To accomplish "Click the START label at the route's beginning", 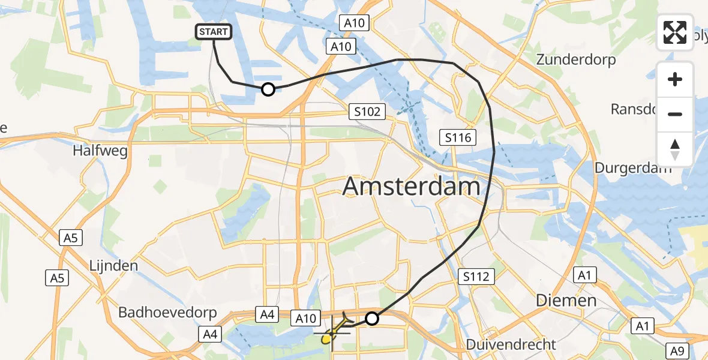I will coord(214,32).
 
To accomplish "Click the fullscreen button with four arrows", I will coord(675,32).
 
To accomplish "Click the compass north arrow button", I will coord(675,149).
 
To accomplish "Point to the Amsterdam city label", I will coord(411,187).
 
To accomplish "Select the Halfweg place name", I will coord(100,151).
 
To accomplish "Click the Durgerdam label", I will coord(633,167).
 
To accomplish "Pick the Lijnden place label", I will coord(113,265).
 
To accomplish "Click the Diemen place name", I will coord(566,300).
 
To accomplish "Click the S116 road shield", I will coord(457,138).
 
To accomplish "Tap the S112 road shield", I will coord(476,277).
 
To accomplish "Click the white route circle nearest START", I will coord(268,89).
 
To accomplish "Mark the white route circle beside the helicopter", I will coord(372,319).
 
